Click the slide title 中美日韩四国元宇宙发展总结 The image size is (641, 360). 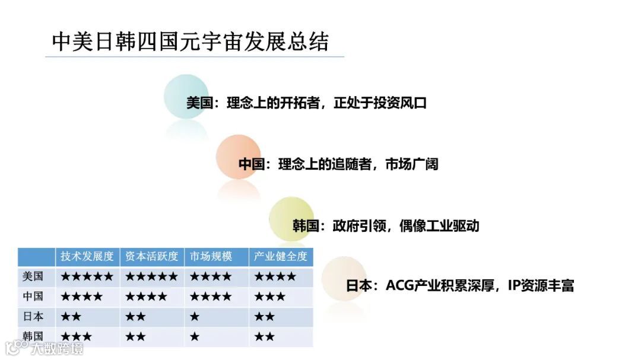(x=190, y=42)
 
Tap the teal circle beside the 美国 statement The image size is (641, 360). (x=186, y=97)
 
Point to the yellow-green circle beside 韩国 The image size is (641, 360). (x=291, y=219)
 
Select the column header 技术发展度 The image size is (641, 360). (x=87, y=257)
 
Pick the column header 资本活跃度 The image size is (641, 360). (x=151, y=257)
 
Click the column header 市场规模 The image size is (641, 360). (x=211, y=257)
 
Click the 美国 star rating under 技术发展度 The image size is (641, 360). (x=87, y=276)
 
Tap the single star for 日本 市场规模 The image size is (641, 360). (x=195, y=317)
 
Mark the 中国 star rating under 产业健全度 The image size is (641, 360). (x=270, y=297)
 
